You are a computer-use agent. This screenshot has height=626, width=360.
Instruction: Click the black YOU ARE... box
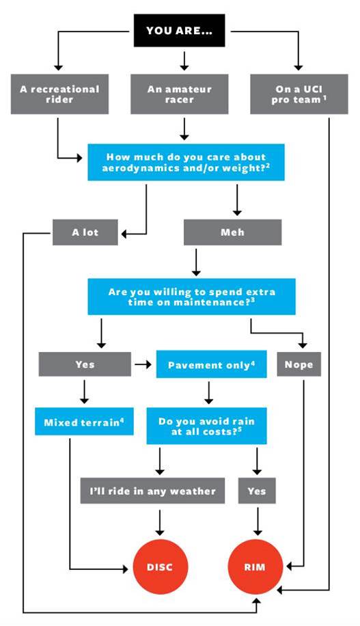click(179, 31)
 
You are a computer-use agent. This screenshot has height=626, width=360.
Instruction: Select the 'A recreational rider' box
click(59, 94)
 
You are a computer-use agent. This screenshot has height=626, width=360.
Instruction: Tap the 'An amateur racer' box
click(180, 94)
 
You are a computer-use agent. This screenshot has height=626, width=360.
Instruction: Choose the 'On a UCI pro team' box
click(299, 94)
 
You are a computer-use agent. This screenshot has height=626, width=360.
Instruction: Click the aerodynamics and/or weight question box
click(186, 163)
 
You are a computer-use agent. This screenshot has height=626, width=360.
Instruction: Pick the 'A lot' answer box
click(85, 232)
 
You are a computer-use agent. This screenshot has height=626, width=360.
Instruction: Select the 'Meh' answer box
click(232, 232)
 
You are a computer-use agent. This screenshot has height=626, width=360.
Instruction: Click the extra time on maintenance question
click(191, 297)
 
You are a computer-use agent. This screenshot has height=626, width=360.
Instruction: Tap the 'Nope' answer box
click(299, 364)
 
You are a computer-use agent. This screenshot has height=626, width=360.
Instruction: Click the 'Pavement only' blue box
click(211, 364)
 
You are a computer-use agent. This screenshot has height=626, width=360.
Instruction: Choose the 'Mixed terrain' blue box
click(84, 422)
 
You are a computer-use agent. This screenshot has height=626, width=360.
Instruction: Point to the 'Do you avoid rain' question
click(206, 426)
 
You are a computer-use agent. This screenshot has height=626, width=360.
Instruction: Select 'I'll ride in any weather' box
click(152, 491)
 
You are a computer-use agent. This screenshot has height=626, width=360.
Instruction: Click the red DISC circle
click(160, 567)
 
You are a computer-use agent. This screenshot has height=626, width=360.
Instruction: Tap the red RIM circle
click(255, 567)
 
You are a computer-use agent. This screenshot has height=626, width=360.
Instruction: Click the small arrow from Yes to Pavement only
click(143, 364)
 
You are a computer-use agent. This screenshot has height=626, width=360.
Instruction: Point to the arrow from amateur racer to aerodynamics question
click(184, 129)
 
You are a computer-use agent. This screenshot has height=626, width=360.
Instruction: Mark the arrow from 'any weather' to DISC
click(160, 522)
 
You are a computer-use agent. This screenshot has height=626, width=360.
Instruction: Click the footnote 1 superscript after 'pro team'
click(325, 97)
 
